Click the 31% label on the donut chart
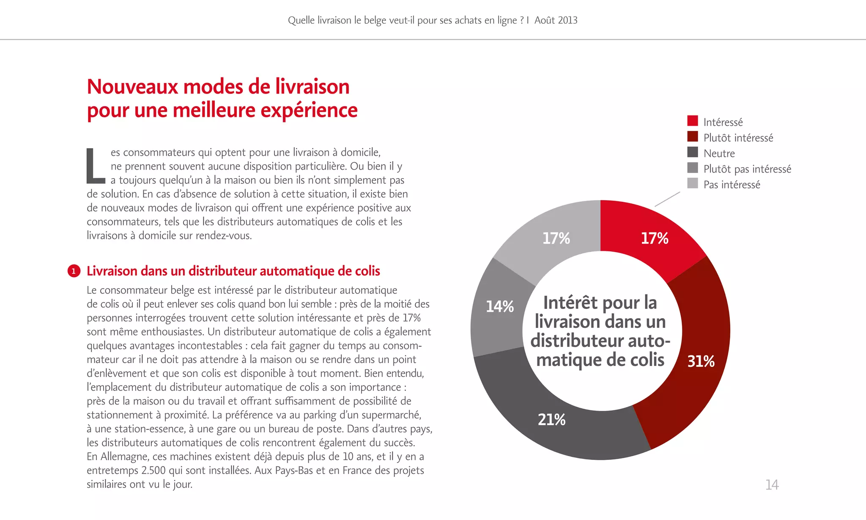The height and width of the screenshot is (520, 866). [x=701, y=361]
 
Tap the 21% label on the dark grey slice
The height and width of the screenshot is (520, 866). [x=551, y=419]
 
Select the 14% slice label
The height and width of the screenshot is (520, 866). [x=499, y=306]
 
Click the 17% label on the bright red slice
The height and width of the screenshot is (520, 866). [x=654, y=238]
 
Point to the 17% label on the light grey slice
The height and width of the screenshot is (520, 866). [x=556, y=238]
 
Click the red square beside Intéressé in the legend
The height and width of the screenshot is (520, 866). [x=693, y=121]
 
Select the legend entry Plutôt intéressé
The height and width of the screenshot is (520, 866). [x=738, y=138]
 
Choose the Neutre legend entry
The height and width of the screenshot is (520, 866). [x=719, y=154]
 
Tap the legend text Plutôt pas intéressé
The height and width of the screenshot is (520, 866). [x=747, y=169]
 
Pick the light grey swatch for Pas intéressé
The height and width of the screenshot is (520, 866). [x=693, y=183]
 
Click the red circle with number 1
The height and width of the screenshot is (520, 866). [x=74, y=271]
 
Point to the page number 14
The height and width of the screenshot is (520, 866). [x=772, y=485]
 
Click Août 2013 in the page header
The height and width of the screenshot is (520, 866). [x=556, y=20]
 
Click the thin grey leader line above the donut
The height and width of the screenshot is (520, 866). [x=667, y=199]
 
